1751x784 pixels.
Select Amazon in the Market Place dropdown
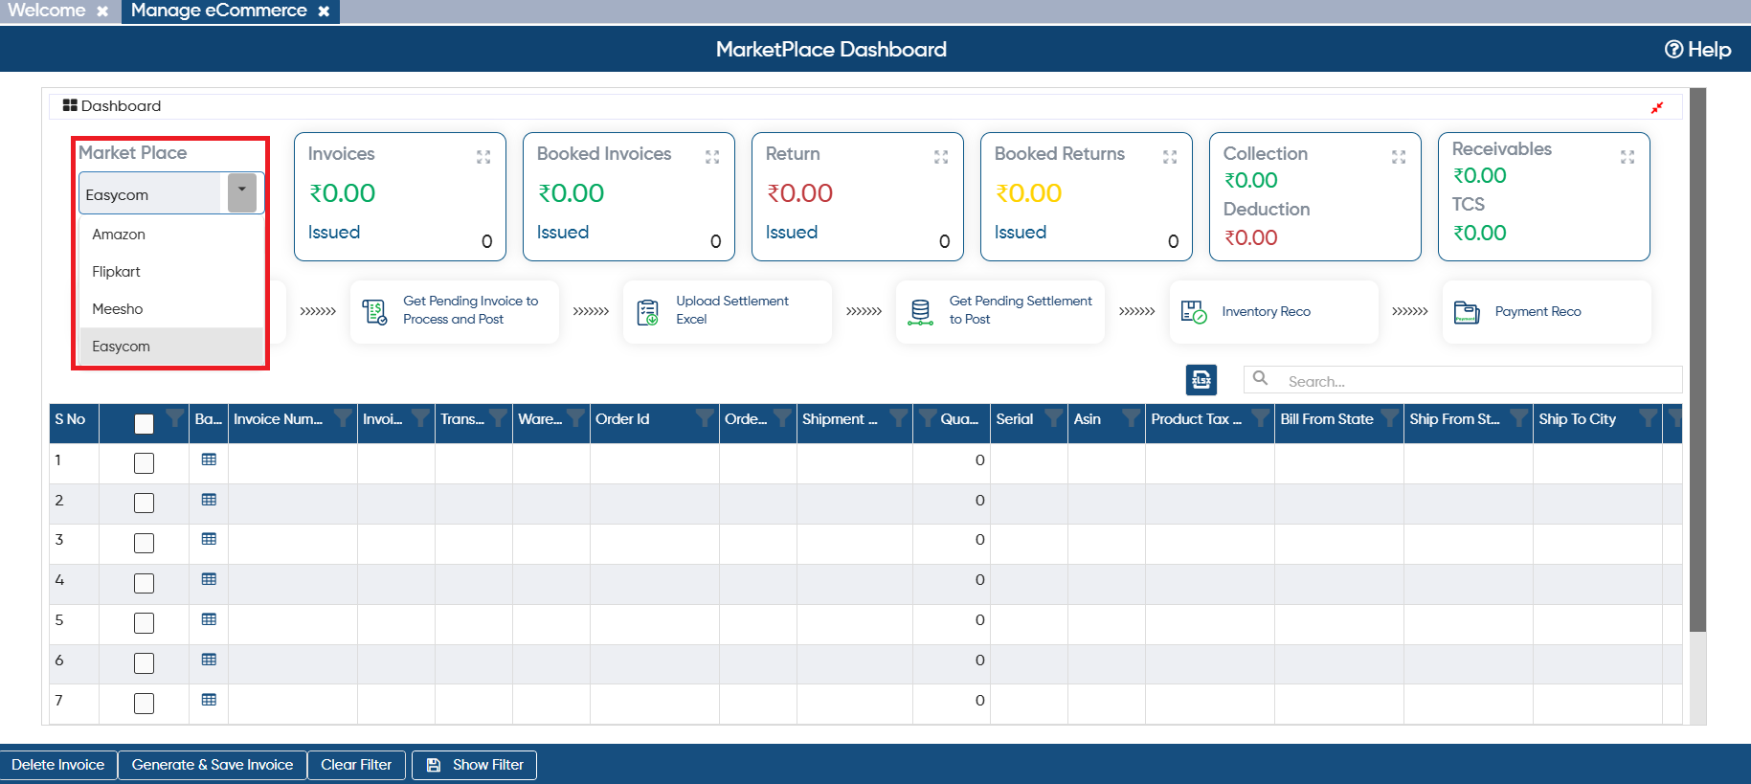click(x=119, y=235)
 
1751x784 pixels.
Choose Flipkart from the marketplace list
click(x=116, y=272)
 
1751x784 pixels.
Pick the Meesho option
click(x=118, y=309)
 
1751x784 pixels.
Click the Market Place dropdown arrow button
click(x=242, y=192)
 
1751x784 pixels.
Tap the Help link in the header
click(x=1697, y=50)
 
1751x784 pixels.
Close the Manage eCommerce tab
click(x=324, y=11)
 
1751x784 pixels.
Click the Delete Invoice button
click(x=58, y=765)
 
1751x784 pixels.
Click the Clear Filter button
click(x=356, y=765)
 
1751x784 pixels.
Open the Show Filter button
click(x=475, y=765)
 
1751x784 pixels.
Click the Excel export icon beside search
click(x=1201, y=380)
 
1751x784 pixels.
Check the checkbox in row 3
click(x=144, y=543)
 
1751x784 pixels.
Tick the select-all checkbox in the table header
click(x=144, y=424)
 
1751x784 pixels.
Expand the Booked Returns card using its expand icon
click(x=1170, y=157)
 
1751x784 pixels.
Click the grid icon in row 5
click(x=209, y=619)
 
